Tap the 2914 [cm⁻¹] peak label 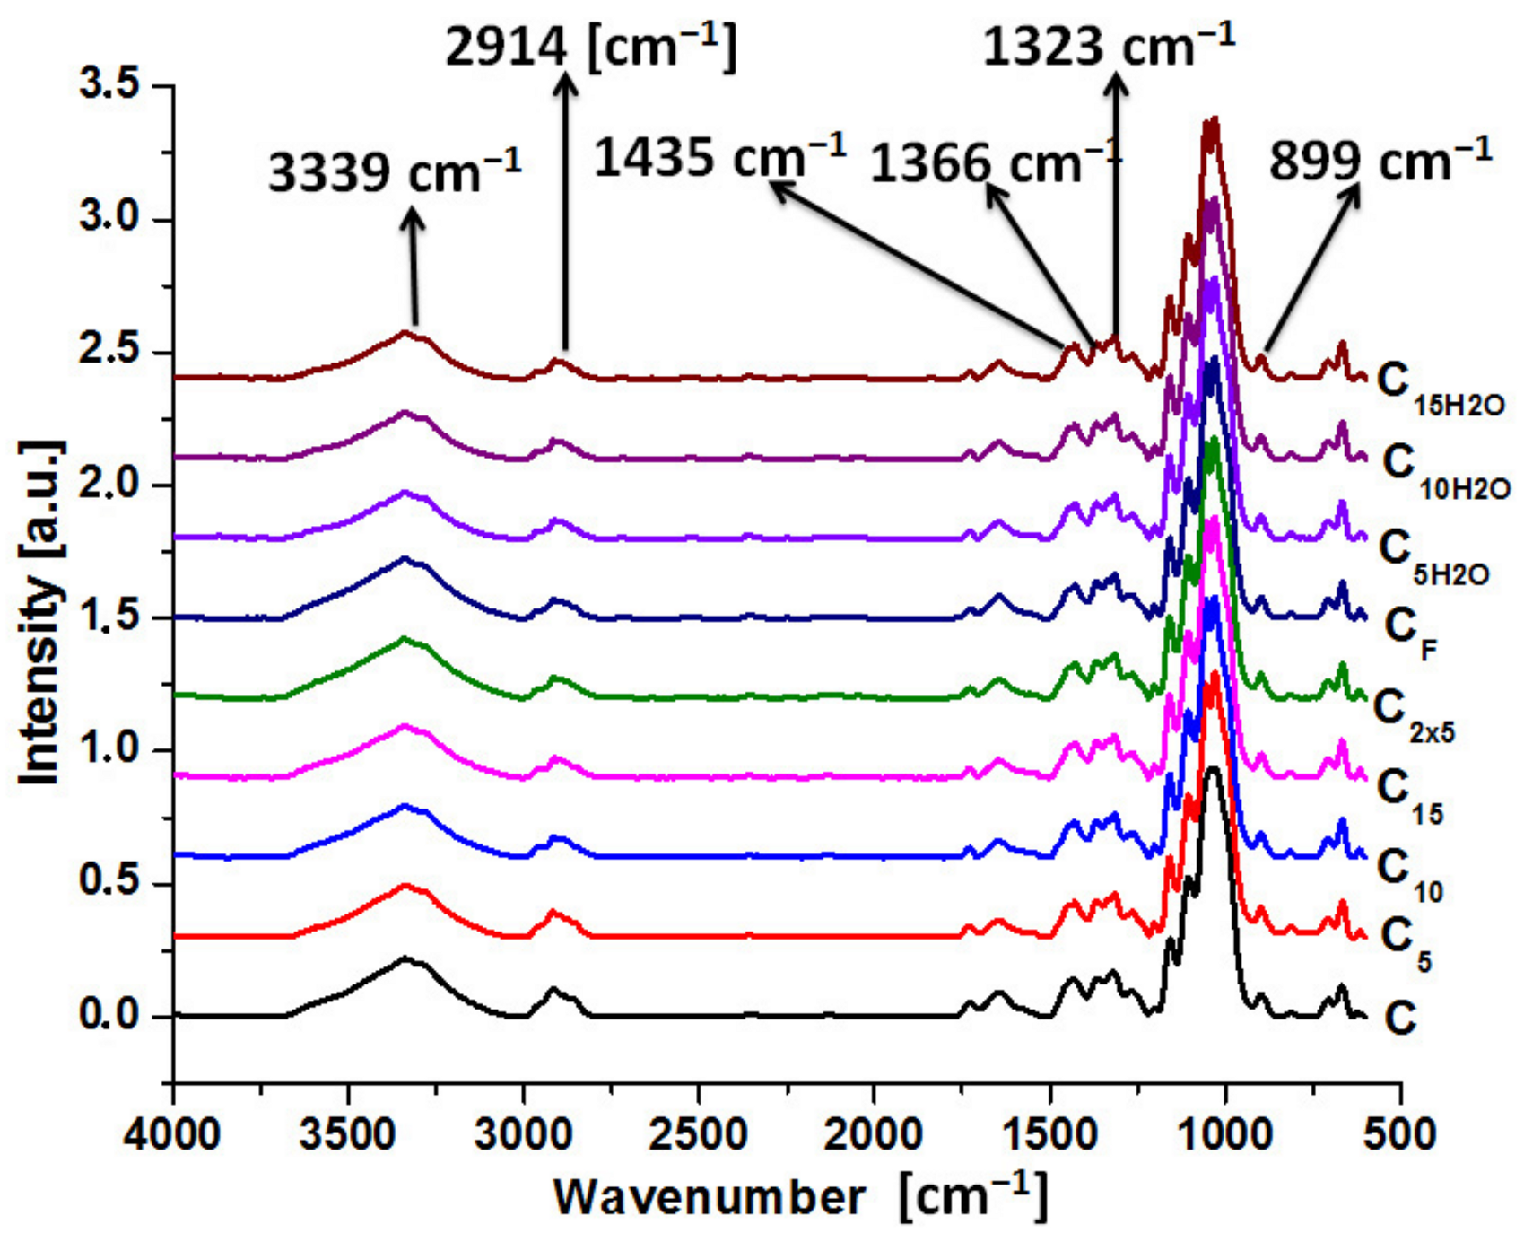[590, 47]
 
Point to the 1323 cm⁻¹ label [1109, 45]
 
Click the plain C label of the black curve [1399, 1018]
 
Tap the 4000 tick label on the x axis [172, 1135]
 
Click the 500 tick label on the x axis [1399, 1135]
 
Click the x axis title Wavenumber [709, 1198]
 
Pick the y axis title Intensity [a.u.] [40, 615]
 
